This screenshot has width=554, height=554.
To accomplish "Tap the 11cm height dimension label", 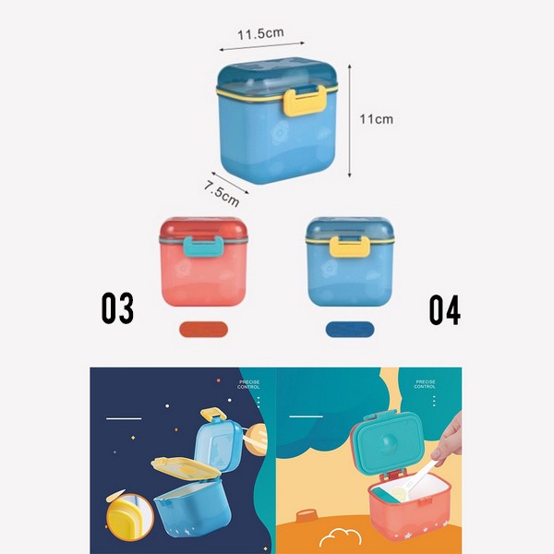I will click(376, 119).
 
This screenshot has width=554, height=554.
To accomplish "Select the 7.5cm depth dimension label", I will click(222, 188).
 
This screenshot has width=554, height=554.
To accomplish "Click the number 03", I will click(117, 309).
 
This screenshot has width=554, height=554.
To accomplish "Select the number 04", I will click(444, 309).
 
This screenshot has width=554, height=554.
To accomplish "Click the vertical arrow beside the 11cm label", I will click(351, 120).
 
